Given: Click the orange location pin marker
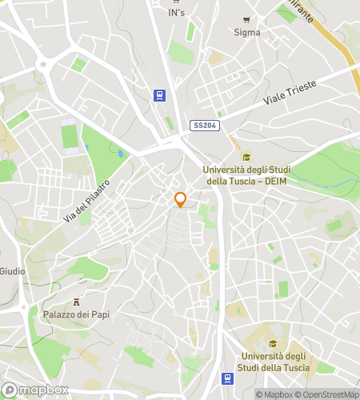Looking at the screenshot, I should click(x=181, y=200).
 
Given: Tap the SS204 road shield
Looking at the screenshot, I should click(x=203, y=126).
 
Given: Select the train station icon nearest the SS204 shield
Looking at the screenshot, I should click(x=161, y=95).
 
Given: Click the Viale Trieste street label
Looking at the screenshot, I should click(x=290, y=94).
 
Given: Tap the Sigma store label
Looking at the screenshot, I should click(x=247, y=33).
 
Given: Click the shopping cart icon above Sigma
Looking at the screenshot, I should click(x=247, y=20).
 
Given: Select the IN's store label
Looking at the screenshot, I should click(x=177, y=13).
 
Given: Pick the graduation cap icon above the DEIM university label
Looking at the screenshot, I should click(x=246, y=156).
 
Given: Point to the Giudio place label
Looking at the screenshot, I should click(x=12, y=271).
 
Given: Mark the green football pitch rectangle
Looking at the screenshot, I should click(x=69, y=135).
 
